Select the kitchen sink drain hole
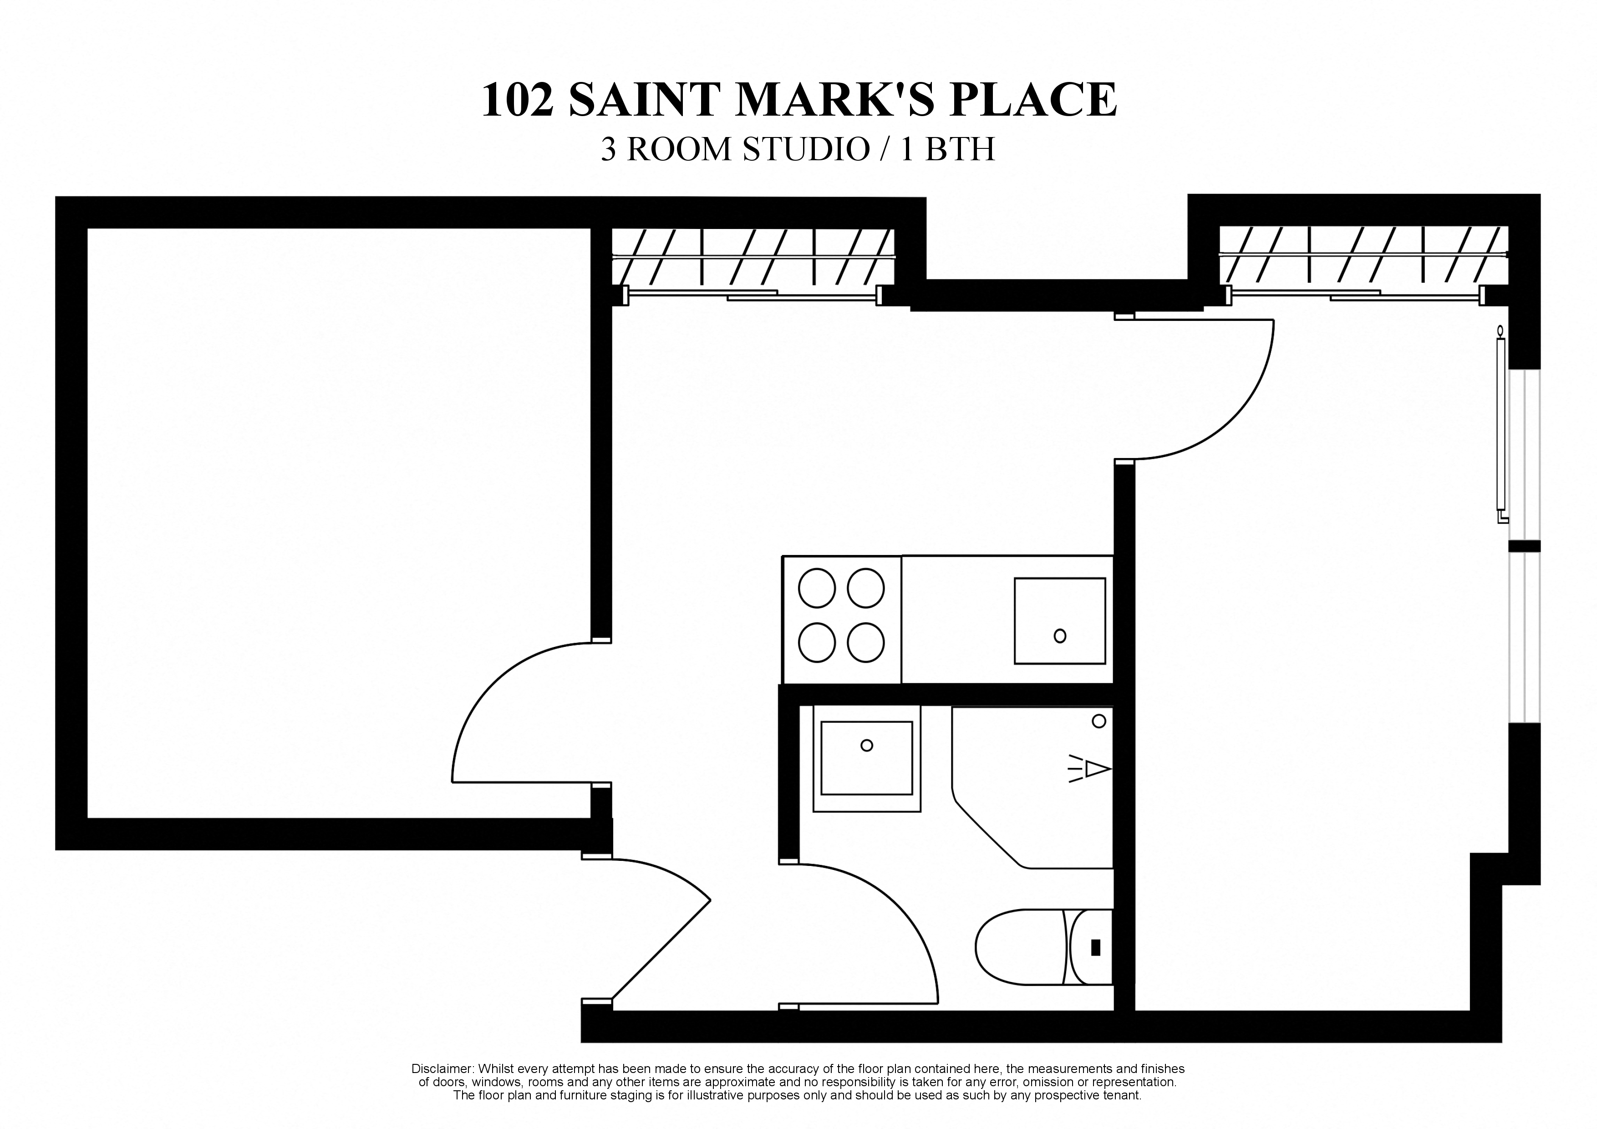click(x=1060, y=635)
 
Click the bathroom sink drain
click(x=867, y=745)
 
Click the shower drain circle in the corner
click(x=1099, y=721)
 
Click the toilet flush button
click(x=1096, y=947)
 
